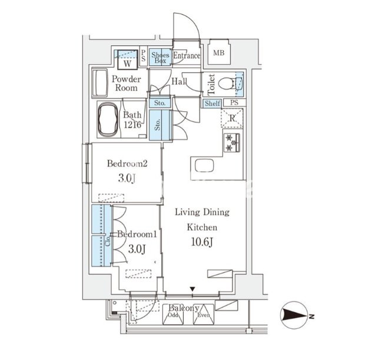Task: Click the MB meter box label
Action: point(219,52)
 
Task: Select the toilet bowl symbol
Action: point(226,84)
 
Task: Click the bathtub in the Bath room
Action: point(108,119)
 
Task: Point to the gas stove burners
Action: point(231,143)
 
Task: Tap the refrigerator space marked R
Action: point(232,118)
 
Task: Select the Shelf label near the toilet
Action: point(212,104)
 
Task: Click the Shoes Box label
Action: point(160,58)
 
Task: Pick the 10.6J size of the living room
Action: point(202,242)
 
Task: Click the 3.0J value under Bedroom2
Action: point(127,178)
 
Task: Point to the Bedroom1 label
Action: point(137,234)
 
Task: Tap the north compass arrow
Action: point(294,315)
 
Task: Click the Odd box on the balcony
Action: point(173,315)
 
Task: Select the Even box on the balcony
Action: point(204,315)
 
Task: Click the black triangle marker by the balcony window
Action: point(193,289)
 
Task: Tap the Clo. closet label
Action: point(108,240)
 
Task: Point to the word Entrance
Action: point(187,56)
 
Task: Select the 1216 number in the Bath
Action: point(132,125)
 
